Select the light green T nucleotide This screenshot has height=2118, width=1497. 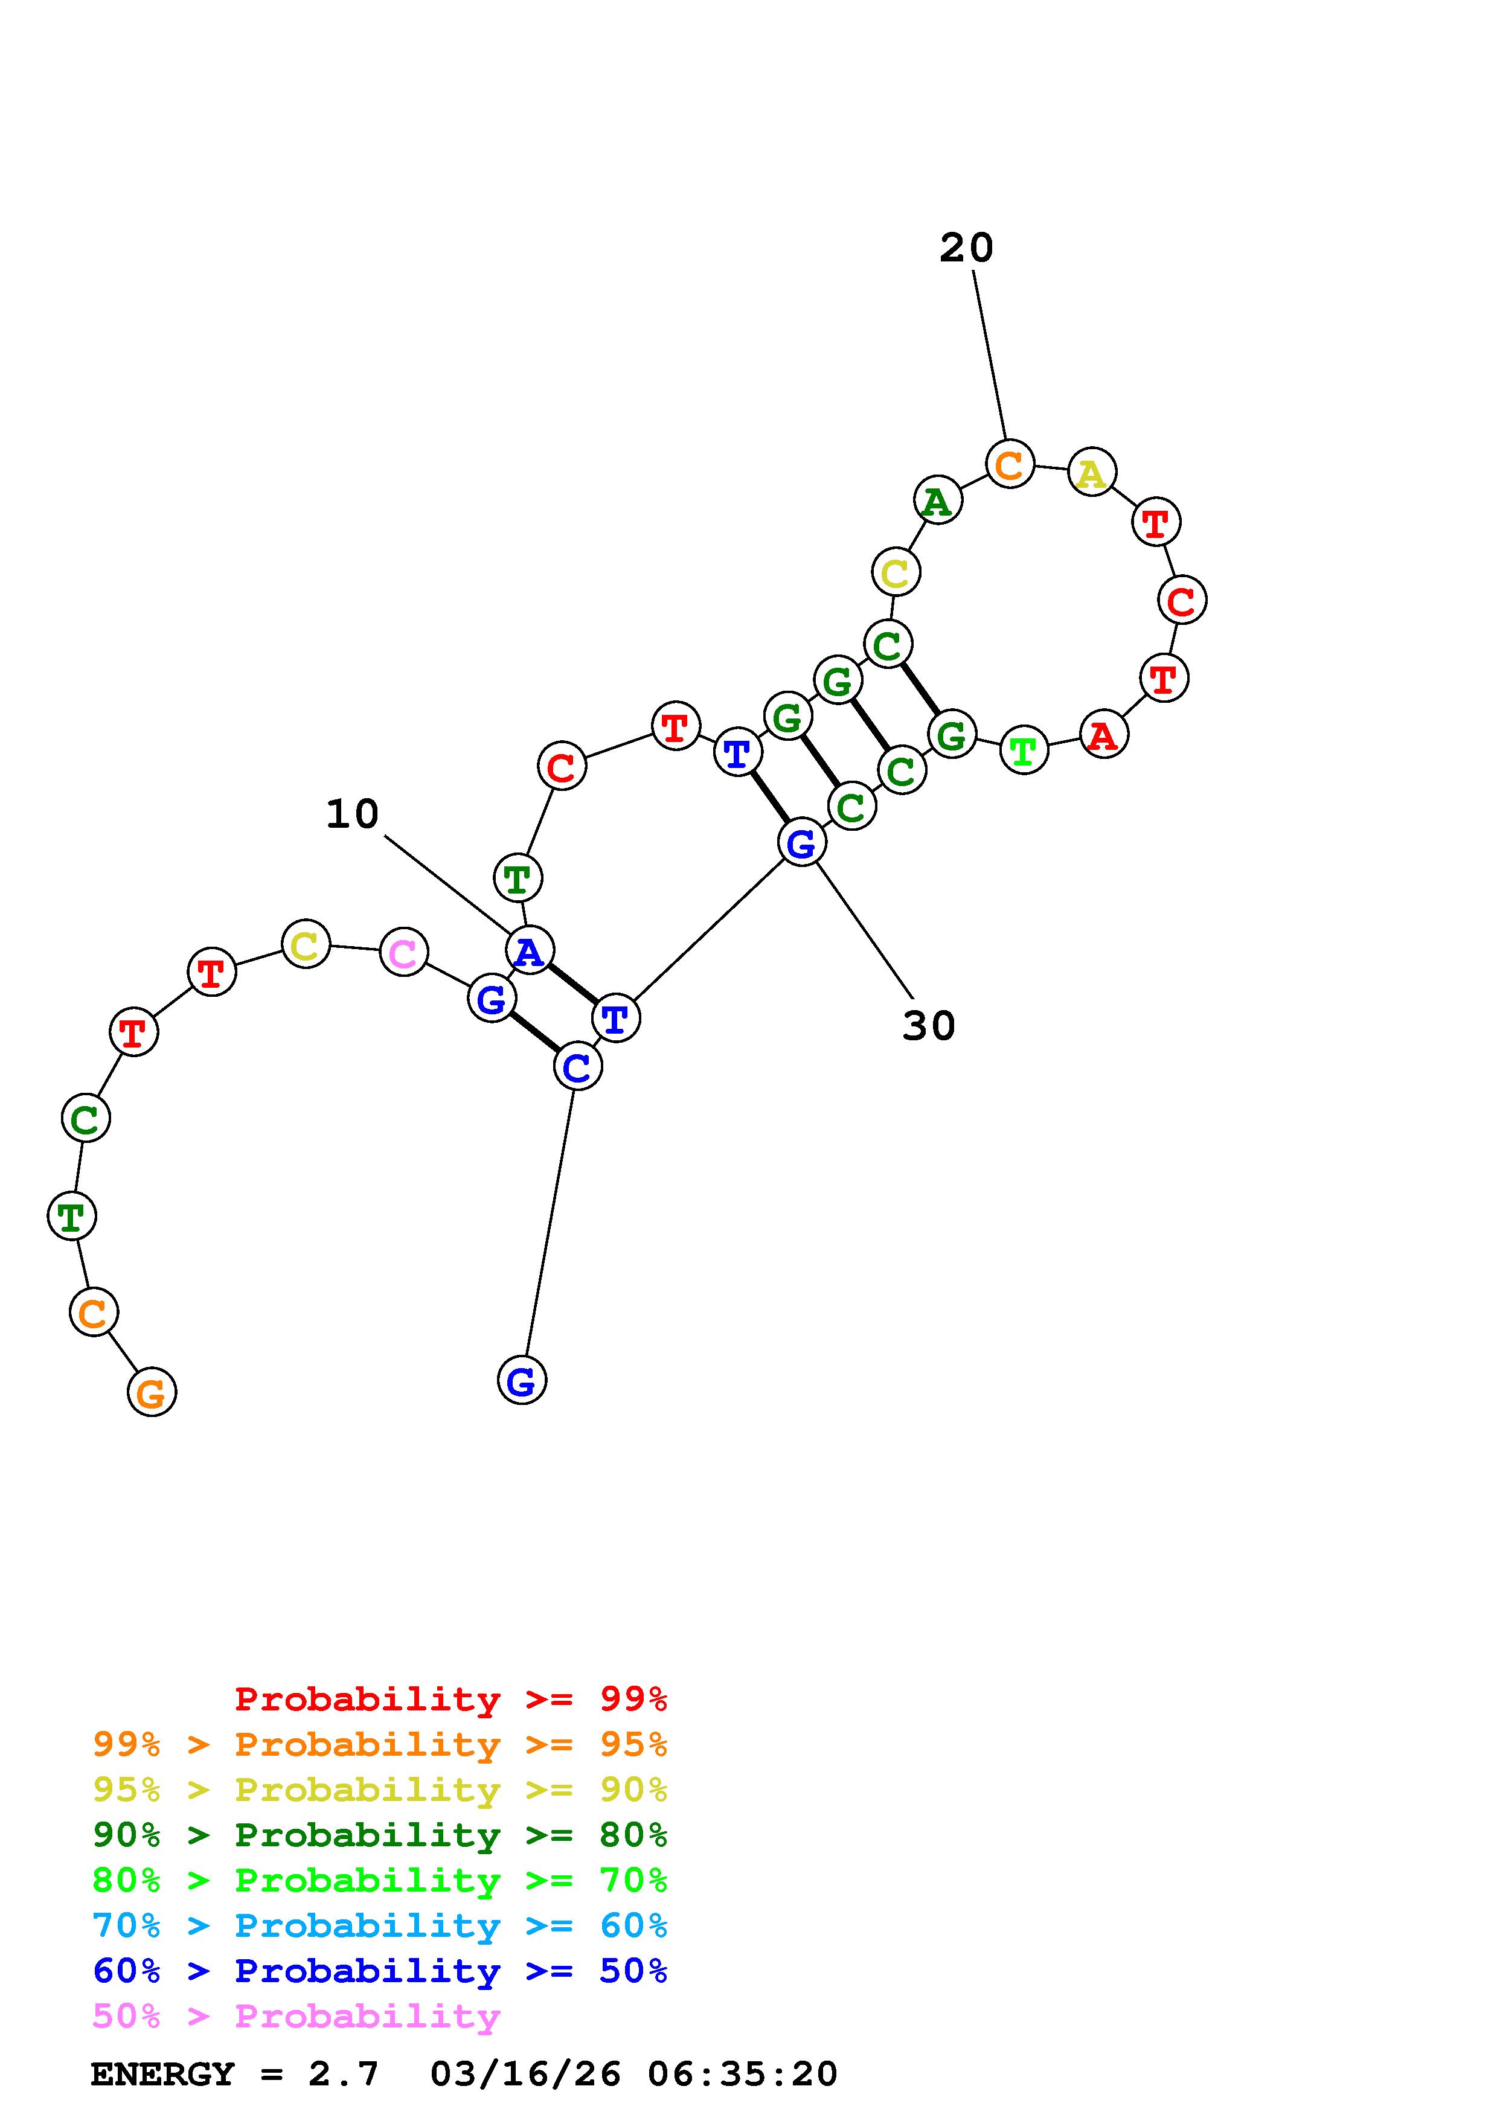[x=1024, y=751]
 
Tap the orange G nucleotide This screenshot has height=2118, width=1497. [x=151, y=1392]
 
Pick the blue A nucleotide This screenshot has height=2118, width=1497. [x=530, y=950]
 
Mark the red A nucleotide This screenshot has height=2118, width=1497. [x=1104, y=735]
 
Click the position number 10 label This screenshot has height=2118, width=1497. [x=352, y=814]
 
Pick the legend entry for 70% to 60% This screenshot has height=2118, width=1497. [x=379, y=1926]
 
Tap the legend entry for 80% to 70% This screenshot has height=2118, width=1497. [x=379, y=1880]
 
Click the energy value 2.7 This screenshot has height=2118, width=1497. [x=343, y=2075]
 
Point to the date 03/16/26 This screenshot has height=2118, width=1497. [x=525, y=2075]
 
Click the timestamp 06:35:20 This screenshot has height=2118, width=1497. [x=743, y=2075]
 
